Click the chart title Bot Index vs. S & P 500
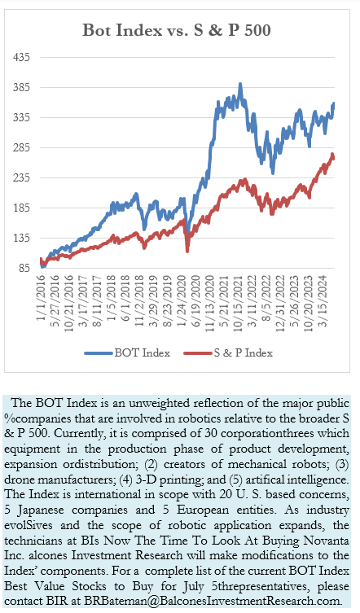click(177, 30)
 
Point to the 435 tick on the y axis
click(21, 57)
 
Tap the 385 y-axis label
click(21, 87)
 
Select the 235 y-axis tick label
click(21, 178)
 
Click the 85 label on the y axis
click(24, 268)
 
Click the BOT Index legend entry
click(128, 353)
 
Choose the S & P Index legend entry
click(228, 353)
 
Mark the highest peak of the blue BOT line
click(240, 84)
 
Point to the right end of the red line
click(333, 158)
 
